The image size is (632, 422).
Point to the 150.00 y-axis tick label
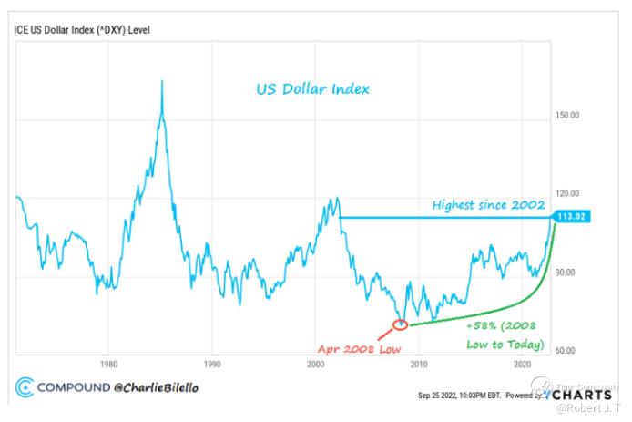click(x=566, y=116)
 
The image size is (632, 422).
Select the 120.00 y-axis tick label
click(x=566, y=194)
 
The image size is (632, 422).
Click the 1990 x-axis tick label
click(x=211, y=364)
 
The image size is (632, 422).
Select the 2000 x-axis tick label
click(x=315, y=364)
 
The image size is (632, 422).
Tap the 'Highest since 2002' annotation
click(x=488, y=205)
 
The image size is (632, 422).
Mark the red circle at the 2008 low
click(x=400, y=324)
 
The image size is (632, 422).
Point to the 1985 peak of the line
click(x=162, y=82)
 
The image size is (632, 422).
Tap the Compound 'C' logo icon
click(x=25, y=388)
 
